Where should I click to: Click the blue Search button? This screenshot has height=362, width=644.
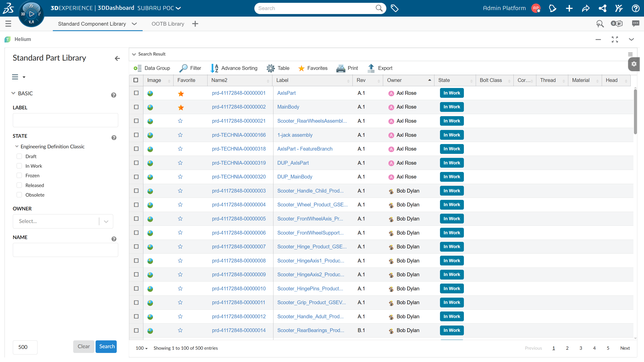[x=106, y=346]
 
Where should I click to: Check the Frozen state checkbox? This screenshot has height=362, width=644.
[x=19, y=175]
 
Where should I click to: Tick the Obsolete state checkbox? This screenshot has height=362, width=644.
[x=19, y=195]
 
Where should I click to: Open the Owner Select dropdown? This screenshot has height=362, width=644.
[x=63, y=221]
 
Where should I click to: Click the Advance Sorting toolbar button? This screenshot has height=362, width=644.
[x=234, y=68]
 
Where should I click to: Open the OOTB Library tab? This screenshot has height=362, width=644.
[x=168, y=24]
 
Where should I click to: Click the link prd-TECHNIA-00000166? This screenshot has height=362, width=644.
[x=239, y=135]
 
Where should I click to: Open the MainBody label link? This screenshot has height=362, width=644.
[x=288, y=107]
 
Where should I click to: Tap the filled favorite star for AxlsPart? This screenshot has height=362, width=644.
[x=181, y=94]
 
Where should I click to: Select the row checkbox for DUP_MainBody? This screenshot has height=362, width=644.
[x=136, y=177]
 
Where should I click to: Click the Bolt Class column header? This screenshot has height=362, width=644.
[x=491, y=80]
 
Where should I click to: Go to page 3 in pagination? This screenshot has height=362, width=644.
[x=581, y=348]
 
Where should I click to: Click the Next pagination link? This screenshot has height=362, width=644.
[x=625, y=348]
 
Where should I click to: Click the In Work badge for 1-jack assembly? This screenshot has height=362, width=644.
[x=452, y=135]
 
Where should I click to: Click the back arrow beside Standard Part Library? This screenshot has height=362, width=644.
[x=117, y=59]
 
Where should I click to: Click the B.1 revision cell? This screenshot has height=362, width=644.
[x=361, y=330]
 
